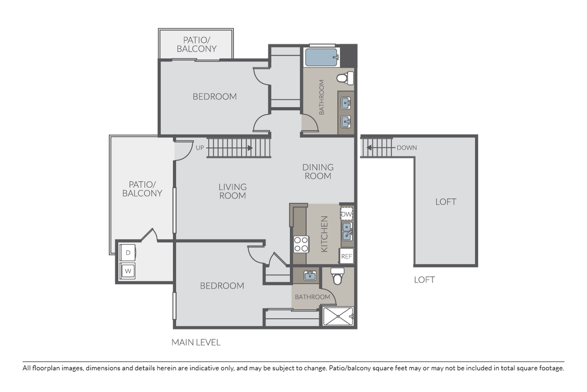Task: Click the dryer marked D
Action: click(x=128, y=253)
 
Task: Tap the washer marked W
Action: click(x=128, y=271)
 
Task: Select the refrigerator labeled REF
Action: click(x=347, y=256)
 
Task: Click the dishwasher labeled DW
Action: click(x=347, y=214)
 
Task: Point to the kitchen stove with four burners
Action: click(x=301, y=244)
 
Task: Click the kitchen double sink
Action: click(x=347, y=233)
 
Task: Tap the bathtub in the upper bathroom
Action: click(x=321, y=57)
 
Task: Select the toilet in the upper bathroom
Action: click(x=345, y=77)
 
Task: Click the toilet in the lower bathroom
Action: click(x=338, y=276)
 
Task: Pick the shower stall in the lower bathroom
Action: click(x=338, y=316)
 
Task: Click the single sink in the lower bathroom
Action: click(x=310, y=275)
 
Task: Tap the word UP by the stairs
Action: click(x=200, y=147)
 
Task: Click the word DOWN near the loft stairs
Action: click(x=407, y=147)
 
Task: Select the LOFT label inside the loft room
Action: click(x=445, y=202)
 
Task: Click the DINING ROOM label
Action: click(x=318, y=172)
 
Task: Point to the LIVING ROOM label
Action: click(x=232, y=191)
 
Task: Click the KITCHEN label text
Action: click(x=324, y=234)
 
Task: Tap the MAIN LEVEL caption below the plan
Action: click(x=196, y=342)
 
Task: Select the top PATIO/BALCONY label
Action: click(x=196, y=44)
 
